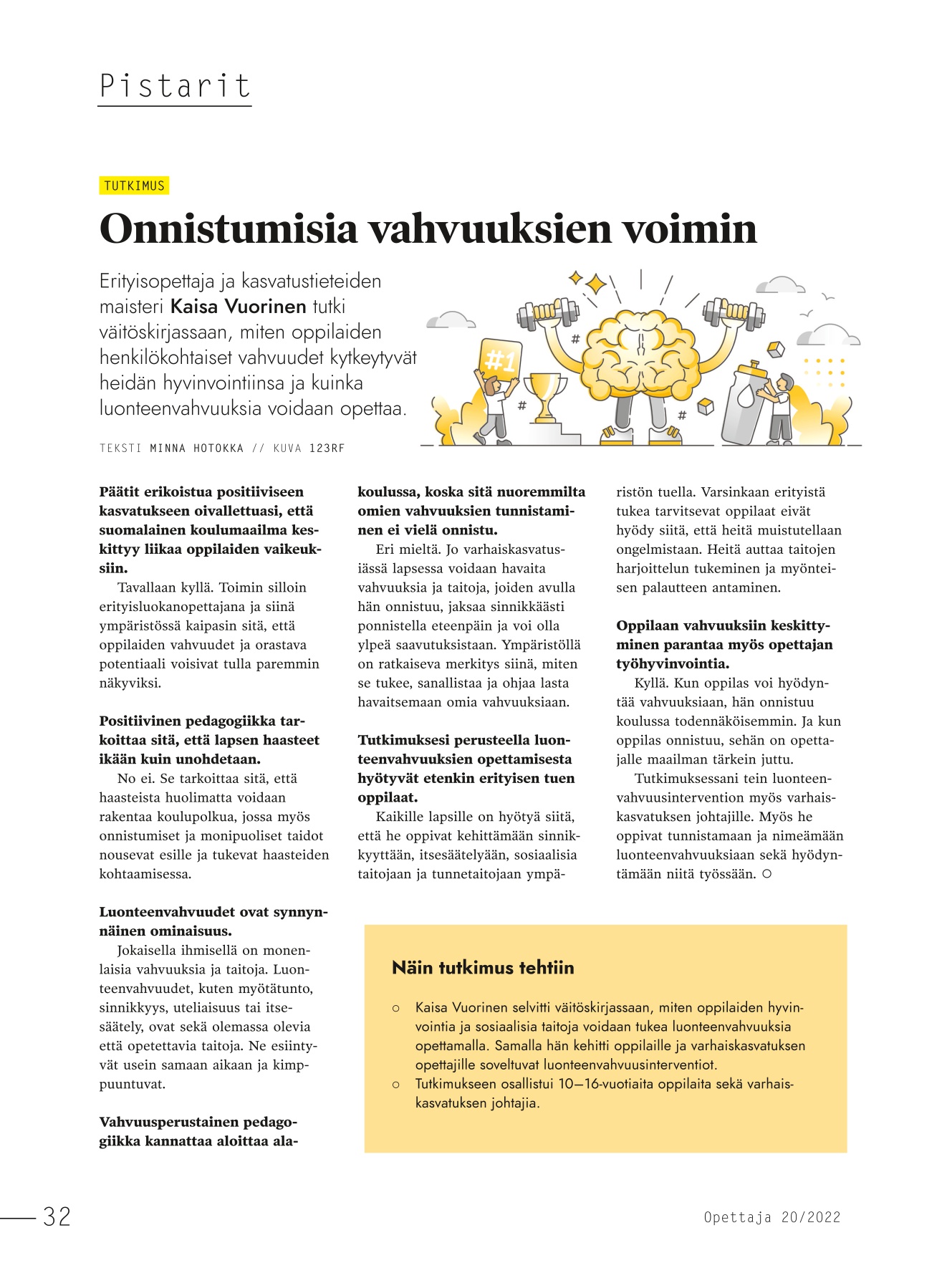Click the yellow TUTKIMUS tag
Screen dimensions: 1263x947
point(134,186)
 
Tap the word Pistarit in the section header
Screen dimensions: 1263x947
point(175,87)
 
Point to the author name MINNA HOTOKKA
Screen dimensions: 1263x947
point(196,448)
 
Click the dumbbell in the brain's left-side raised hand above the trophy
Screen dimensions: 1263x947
point(549,313)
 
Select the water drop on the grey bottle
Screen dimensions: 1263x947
point(746,395)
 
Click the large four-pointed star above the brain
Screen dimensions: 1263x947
point(595,285)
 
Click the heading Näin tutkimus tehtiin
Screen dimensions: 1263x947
point(483,968)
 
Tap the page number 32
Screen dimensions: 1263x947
point(57,1216)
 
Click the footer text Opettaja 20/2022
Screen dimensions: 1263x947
point(771,1217)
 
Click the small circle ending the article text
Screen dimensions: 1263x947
point(767,874)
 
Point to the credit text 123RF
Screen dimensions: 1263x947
point(327,448)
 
